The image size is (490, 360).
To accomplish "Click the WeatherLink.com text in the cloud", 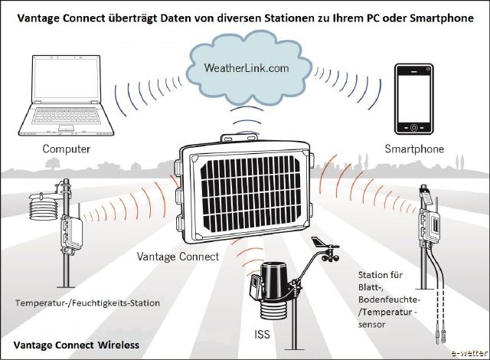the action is (x=247, y=68).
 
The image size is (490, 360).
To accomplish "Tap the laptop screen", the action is (x=67, y=78).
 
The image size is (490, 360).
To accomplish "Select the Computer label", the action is (x=67, y=149).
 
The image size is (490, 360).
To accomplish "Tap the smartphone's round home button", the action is (x=414, y=127).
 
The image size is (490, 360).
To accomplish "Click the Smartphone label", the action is (x=414, y=149).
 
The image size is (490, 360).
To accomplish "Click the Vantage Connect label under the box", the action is (x=178, y=257).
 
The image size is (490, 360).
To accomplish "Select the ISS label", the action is (x=262, y=335).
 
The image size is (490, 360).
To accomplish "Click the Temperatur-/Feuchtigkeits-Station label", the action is (x=87, y=303).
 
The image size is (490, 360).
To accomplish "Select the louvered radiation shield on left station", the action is (x=44, y=209).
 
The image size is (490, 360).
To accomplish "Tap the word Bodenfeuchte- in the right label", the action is (x=388, y=299).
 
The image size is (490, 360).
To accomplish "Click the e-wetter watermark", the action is (x=469, y=353).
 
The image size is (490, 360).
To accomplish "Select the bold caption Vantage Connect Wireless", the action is (x=77, y=345).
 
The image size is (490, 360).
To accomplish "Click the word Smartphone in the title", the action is (x=442, y=18).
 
